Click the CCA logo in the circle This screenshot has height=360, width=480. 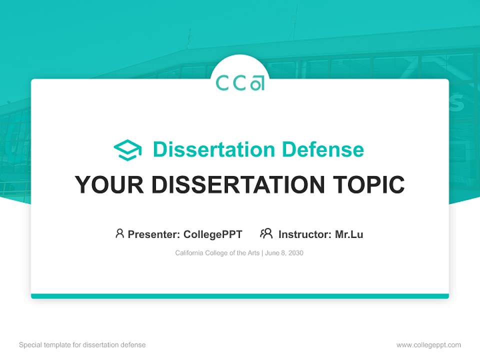pos(240,83)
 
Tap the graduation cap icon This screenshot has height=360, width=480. pos(127,149)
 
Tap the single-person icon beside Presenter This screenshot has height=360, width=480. pos(119,233)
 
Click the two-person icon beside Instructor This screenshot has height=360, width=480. pos(266,233)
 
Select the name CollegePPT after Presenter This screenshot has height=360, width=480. pos(213,234)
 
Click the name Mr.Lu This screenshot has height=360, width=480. pos(349,234)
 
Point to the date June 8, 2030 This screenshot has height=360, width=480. pos(284,253)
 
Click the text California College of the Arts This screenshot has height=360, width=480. pos(217,253)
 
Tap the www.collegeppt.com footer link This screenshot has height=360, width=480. pos(428,345)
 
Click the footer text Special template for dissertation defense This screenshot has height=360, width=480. pos(82,345)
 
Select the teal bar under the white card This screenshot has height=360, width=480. pos(240,296)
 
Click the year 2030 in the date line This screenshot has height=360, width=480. pos(295,253)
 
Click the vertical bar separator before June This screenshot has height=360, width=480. pos(262,253)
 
